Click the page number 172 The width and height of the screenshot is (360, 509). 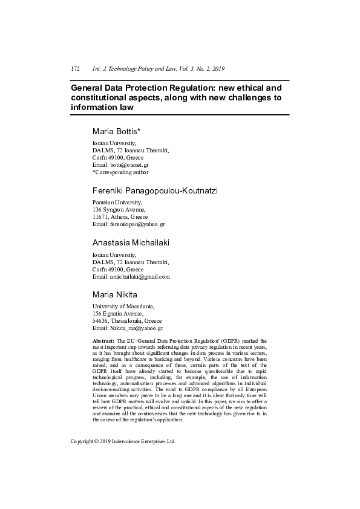coord(76,69)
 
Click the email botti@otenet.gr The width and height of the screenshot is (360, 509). coord(129,164)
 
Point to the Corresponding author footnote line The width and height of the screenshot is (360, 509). coord(120,172)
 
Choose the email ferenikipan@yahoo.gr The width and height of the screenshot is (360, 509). coord(137,224)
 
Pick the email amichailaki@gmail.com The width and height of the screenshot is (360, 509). coord(140,276)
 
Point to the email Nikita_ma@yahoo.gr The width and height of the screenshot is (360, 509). coord(136,328)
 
